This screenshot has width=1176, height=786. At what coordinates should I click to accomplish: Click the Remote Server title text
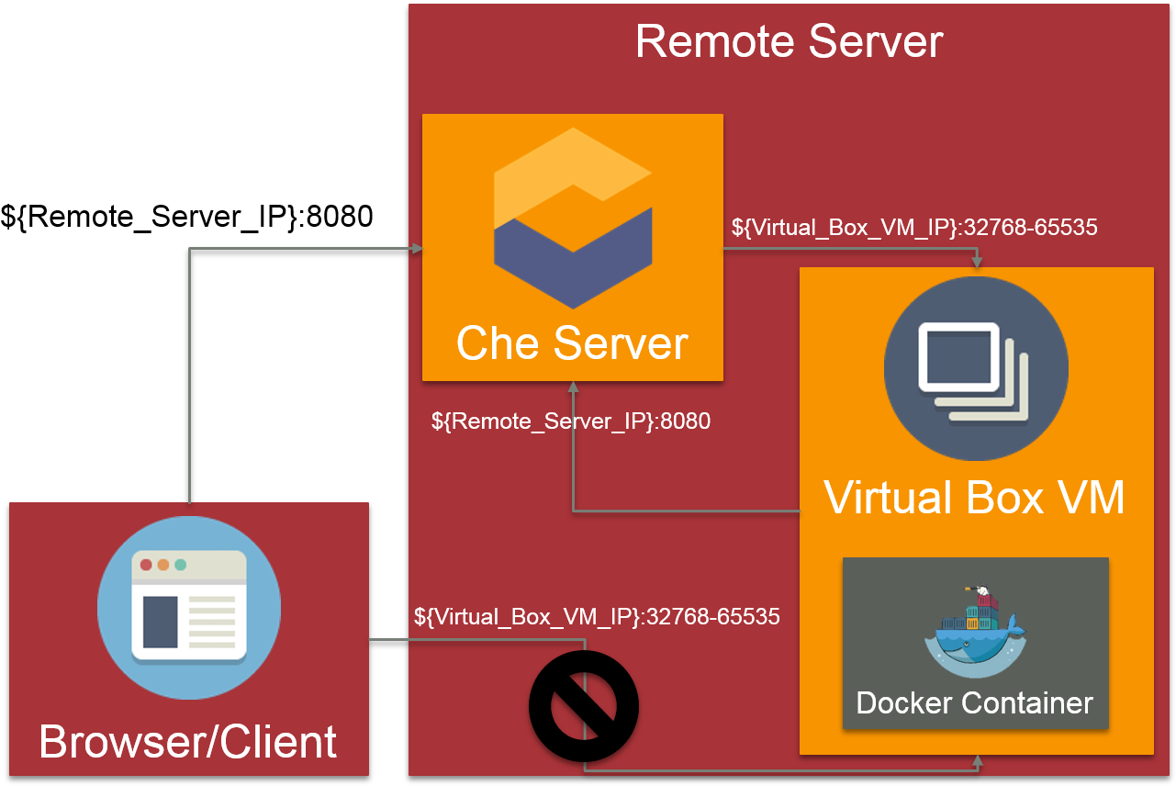pos(789,42)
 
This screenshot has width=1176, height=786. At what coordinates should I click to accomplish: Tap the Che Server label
pos(572,343)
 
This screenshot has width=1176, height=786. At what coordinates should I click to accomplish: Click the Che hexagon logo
pos(573,218)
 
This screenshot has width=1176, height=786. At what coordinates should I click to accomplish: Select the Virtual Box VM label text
pos(974,497)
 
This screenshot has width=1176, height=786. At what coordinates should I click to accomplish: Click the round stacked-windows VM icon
pos(976,368)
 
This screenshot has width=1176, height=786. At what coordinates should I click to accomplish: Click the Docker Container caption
pos(974,703)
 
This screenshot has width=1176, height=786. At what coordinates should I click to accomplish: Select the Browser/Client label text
pos(188,741)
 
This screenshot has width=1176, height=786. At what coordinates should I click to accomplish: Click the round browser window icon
pos(189,607)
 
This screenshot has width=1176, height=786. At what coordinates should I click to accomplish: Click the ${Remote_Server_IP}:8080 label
pos(571,421)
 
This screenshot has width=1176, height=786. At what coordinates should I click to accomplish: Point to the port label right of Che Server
pos(914,227)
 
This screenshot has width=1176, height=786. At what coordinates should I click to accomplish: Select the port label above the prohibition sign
pos(597,616)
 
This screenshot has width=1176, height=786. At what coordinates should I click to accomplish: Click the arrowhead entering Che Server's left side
pos(417,249)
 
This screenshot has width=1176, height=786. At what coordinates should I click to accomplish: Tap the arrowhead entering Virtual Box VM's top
pos(977,263)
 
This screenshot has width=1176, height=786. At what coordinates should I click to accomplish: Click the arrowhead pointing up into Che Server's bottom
pos(573,387)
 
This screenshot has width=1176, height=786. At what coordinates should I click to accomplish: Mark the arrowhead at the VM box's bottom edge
pos(977,760)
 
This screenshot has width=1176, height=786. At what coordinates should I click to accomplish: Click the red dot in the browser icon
pos(146,565)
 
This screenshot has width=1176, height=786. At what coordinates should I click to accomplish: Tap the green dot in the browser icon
pos(181,565)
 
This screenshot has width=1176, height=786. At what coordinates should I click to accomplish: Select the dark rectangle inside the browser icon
pos(160,622)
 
